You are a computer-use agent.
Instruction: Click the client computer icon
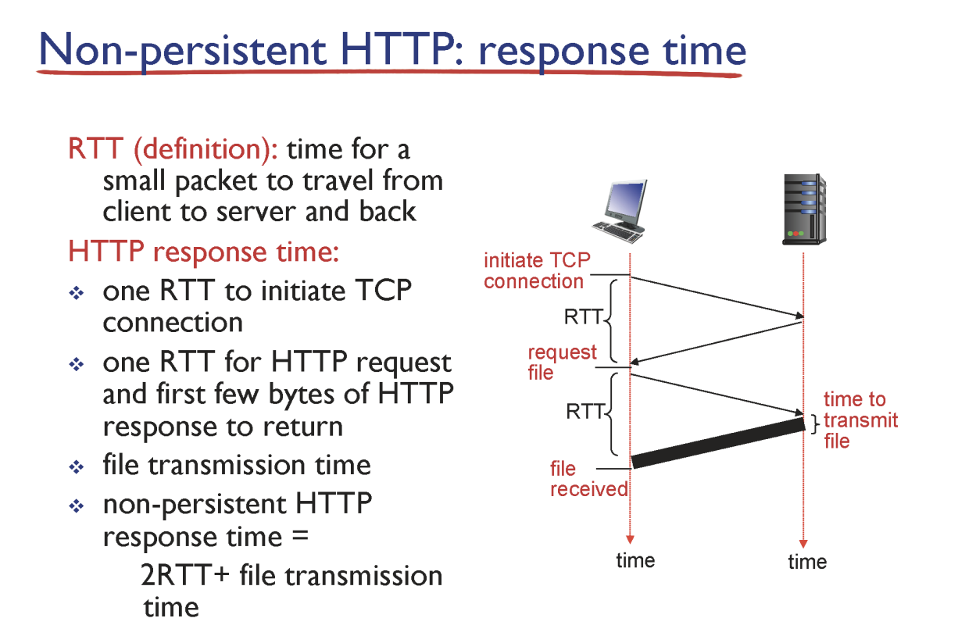click(x=620, y=211)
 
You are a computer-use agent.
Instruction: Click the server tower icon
click(x=805, y=209)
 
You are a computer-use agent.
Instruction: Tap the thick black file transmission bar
click(x=719, y=443)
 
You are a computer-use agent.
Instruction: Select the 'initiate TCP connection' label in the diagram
click(x=537, y=271)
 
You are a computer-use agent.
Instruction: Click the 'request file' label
click(x=562, y=363)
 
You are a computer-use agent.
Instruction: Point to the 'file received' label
click(x=588, y=479)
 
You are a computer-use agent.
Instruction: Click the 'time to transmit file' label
click(x=860, y=420)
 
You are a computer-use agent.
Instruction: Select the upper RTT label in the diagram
click(x=584, y=317)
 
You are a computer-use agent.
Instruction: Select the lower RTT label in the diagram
click(x=585, y=412)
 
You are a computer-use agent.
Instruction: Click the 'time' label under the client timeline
click(x=635, y=560)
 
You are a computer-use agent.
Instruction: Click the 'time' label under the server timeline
click(x=807, y=562)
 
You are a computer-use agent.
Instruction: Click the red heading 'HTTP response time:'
click(x=204, y=251)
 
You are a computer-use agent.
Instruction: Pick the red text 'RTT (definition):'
click(x=173, y=149)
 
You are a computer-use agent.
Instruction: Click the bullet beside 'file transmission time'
click(x=77, y=466)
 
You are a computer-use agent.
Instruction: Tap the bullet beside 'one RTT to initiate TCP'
click(x=77, y=293)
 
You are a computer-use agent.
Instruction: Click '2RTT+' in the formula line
click(x=184, y=575)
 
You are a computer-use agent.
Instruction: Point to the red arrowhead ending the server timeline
click(x=803, y=544)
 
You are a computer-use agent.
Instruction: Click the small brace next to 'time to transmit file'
click(x=815, y=423)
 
